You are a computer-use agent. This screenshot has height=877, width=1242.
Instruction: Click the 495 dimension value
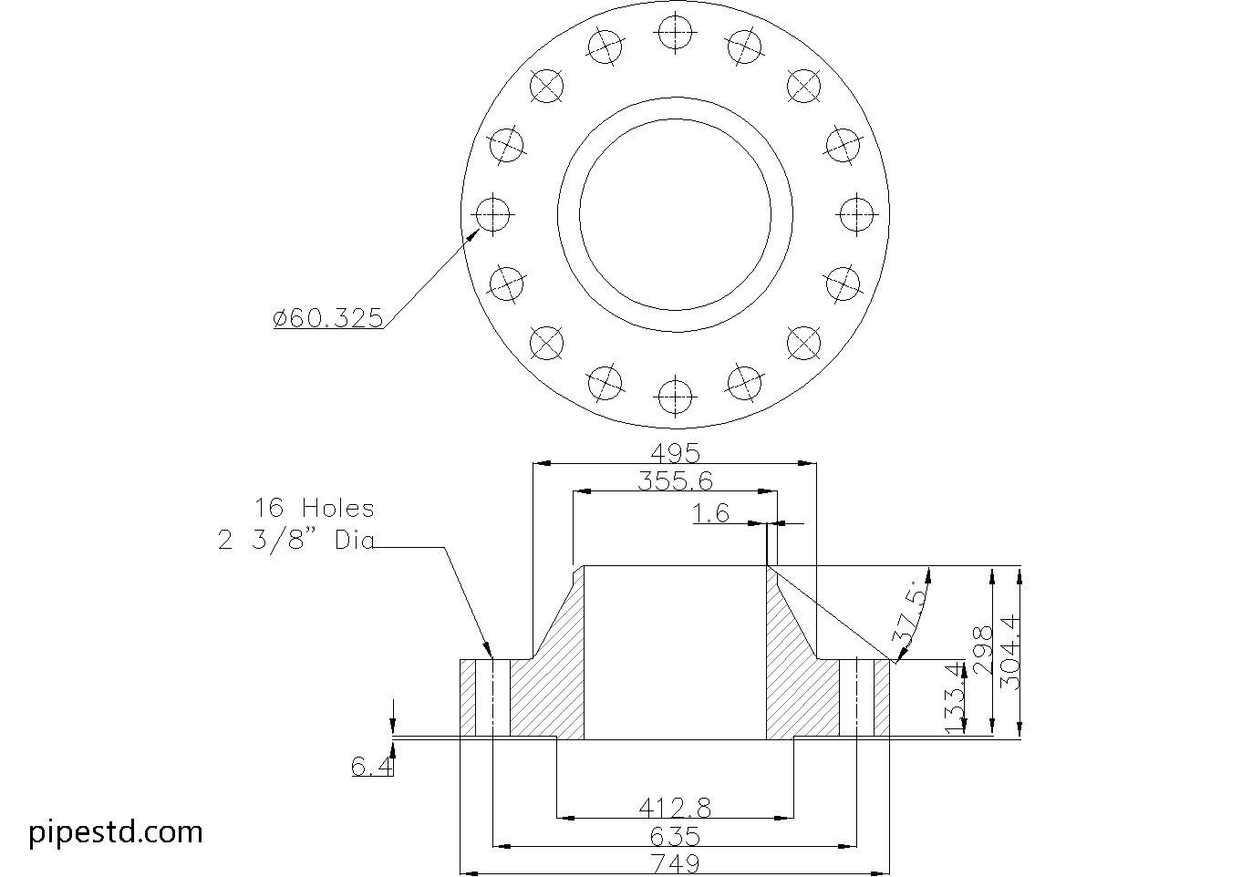click(x=674, y=453)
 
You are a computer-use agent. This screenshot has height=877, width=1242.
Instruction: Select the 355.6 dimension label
click(x=675, y=481)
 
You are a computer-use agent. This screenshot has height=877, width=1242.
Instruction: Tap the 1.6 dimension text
click(x=711, y=514)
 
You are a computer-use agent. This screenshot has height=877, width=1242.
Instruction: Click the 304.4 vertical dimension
click(x=1010, y=652)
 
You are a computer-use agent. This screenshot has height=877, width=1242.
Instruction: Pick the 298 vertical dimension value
click(x=982, y=650)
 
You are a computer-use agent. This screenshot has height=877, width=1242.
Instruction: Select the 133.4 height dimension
click(x=955, y=698)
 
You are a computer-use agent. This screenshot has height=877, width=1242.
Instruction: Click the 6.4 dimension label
click(x=372, y=768)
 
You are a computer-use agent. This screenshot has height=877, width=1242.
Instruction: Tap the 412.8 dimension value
click(x=675, y=807)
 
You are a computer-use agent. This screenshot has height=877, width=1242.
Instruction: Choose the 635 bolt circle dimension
click(x=675, y=836)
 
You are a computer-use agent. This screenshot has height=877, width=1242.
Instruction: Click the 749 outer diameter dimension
click(x=675, y=863)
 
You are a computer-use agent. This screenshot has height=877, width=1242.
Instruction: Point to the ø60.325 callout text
click(x=328, y=318)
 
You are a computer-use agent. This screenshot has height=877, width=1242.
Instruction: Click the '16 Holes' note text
click(x=314, y=508)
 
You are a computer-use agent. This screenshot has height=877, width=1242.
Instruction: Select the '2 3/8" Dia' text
click(x=296, y=541)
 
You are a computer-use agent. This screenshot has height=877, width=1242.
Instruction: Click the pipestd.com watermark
click(x=116, y=831)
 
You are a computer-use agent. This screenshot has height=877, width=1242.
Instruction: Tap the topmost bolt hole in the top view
click(x=674, y=34)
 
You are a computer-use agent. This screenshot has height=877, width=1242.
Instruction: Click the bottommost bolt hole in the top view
click(x=674, y=396)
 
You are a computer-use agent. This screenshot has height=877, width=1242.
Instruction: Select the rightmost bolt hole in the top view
click(x=855, y=214)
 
